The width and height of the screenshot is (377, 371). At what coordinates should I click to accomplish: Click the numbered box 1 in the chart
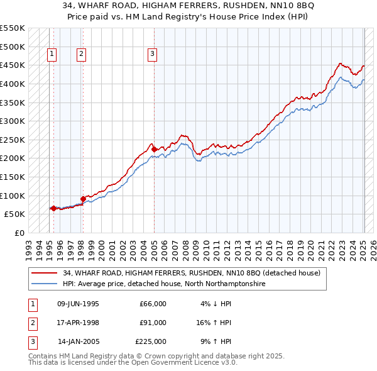pyautogui.click(x=52, y=55)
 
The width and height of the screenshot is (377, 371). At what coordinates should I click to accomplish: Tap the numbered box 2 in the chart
pyautogui.click(x=82, y=55)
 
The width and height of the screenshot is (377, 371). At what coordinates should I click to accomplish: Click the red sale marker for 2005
pyautogui.click(x=154, y=149)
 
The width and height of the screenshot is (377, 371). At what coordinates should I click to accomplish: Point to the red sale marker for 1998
pyautogui.click(x=83, y=199)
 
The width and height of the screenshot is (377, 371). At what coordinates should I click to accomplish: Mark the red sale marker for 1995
pyautogui.click(x=53, y=208)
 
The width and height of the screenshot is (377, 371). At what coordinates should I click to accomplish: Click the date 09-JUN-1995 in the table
pyautogui.click(x=78, y=303)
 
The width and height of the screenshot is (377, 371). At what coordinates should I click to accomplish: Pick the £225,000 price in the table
pyautogui.click(x=150, y=341)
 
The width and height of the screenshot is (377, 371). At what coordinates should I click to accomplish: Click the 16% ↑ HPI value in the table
pyautogui.click(x=214, y=323)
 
